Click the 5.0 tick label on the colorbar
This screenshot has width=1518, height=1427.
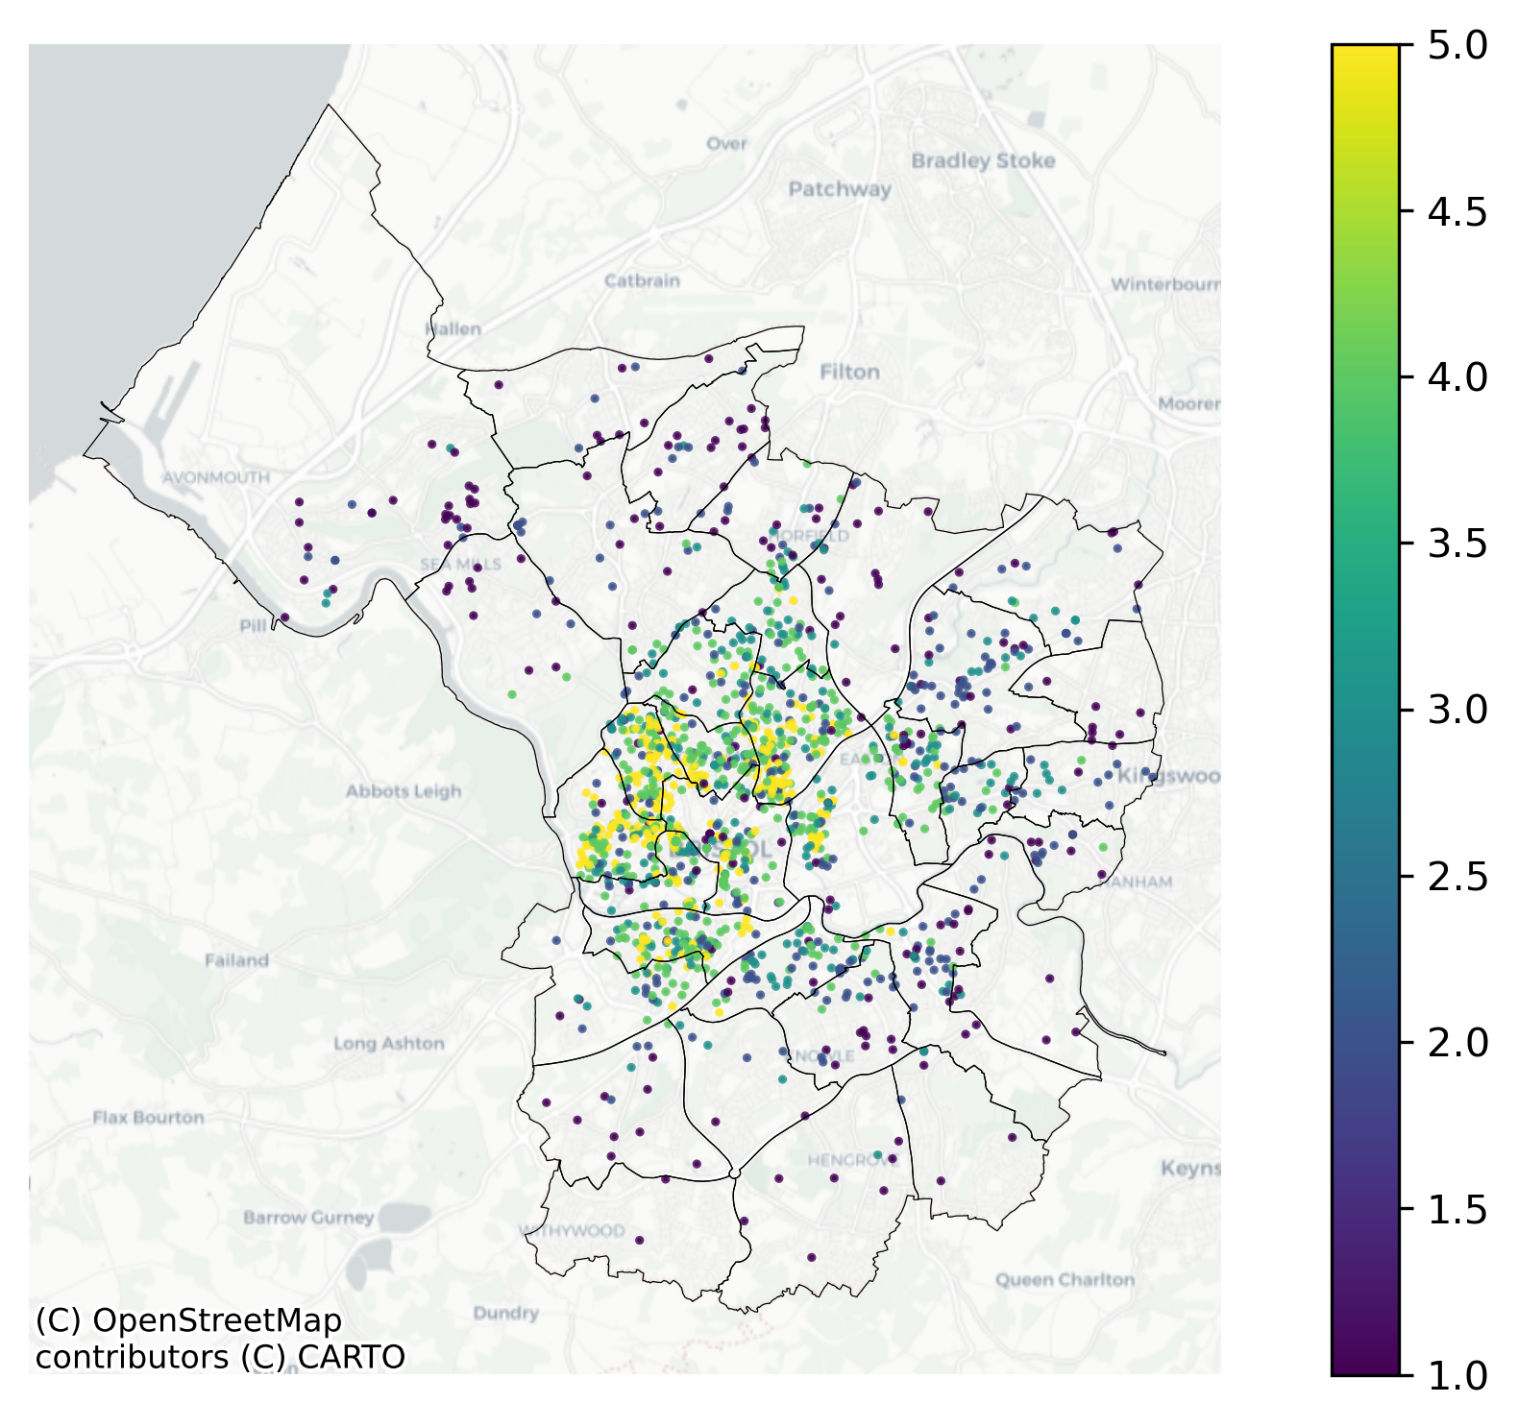click(x=1457, y=44)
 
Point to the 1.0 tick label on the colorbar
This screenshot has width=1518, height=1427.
click(x=1457, y=1375)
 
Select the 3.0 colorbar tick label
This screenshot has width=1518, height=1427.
click(x=1457, y=710)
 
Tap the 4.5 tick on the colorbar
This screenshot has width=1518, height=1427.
click(x=1457, y=211)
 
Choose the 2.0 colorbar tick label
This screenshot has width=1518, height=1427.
click(x=1457, y=1042)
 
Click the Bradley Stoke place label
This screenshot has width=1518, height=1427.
click(x=983, y=160)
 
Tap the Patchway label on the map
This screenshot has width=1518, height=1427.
click(x=840, y=189)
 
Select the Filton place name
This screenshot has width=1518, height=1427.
click(x=849, y=372)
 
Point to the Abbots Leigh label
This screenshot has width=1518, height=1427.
click(x=404, y=791)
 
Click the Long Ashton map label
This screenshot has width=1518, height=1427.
click(x=389, y=1043)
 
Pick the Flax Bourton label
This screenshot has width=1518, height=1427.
click(x=149, y=1117)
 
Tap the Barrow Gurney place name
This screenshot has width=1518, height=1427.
click(x=308, y=1217)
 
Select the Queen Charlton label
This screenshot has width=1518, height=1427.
click(x=1065, y=1279)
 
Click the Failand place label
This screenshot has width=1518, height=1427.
click(x=236, y=959)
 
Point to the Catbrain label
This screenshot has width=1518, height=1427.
click(x=642, y=280)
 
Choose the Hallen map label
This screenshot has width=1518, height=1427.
click(x=453, y=328)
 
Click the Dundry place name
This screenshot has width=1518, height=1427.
click(x=505, y=1313)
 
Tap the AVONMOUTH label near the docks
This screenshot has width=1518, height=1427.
click(x=216, y=477)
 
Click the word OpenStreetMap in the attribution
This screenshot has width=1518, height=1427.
click(x=217, y=1321)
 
